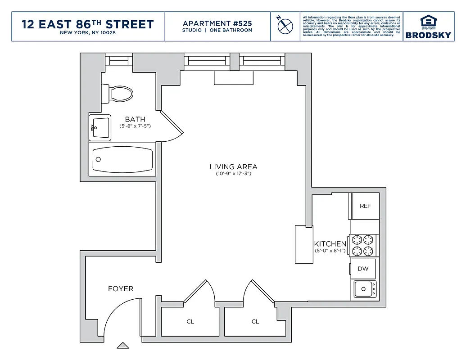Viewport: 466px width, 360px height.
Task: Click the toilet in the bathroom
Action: click(118, 94)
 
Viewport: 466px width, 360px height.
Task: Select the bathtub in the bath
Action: click(122, 159)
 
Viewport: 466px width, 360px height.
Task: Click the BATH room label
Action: click(135, 119)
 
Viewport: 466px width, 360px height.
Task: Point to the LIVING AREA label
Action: click(233, 167)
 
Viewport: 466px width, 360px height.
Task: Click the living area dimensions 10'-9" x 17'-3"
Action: click(233, 174)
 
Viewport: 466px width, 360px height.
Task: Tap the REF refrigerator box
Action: click(365, 206)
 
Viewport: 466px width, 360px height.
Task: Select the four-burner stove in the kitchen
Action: click(363, 245)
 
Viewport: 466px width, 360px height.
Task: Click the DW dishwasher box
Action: click(363, 269)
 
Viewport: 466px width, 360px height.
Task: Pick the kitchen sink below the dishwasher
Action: click(365, 289)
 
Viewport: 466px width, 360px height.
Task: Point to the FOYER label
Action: click(120, 288)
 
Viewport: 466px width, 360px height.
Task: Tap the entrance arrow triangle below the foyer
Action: click(123, 346)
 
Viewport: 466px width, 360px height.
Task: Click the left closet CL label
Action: click(190, 322)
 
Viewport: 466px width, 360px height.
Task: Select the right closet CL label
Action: click(255, 322)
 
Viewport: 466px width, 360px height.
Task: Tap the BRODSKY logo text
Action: click(428, 35)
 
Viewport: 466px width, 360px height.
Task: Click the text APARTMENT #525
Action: click(217, 23)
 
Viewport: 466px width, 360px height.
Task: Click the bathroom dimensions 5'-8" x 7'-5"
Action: click(135, 126)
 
